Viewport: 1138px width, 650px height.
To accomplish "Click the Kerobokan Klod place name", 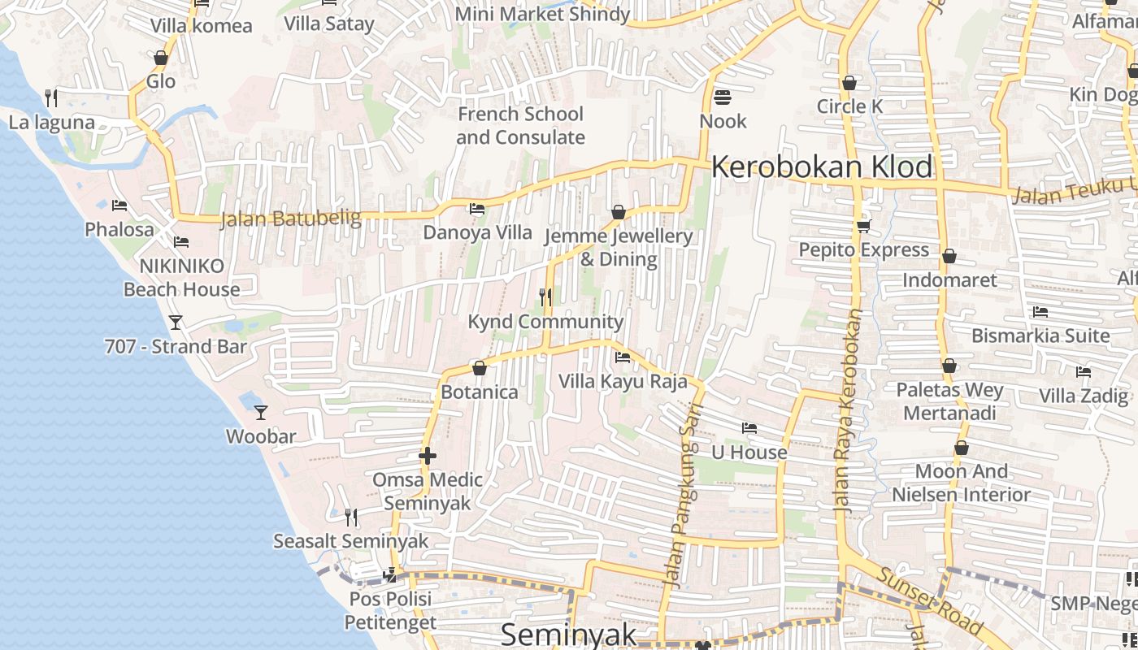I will point(822,167).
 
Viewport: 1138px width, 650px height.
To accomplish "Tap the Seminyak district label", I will point(568,635).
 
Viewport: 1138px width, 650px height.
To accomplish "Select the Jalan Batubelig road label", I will point(279,218).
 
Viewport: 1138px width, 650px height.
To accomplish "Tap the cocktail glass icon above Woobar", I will point(261,413).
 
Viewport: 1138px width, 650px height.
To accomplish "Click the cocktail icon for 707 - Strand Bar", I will point(176,323).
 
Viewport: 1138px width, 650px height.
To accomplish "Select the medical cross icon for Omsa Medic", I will point(428,456).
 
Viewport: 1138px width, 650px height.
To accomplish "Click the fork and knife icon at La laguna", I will point(51,98).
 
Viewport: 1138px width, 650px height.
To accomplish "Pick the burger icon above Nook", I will point(723,97).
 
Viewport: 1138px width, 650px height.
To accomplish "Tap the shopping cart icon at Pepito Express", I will point(863,226).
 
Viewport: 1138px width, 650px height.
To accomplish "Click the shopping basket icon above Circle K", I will point(849,83).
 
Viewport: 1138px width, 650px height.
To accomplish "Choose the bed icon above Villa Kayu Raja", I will point(623,357).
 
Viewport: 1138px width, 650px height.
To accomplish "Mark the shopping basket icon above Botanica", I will point(480,369).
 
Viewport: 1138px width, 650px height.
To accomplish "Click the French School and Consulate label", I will point(520,126).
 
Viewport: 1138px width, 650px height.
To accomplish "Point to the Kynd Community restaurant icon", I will point(545,297).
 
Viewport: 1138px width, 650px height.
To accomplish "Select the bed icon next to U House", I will point(749,428).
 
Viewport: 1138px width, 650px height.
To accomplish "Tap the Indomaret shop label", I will point(949,280).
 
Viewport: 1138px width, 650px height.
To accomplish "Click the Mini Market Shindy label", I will point(542,14).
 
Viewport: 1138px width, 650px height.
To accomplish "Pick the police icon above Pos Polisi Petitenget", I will point(390,575).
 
